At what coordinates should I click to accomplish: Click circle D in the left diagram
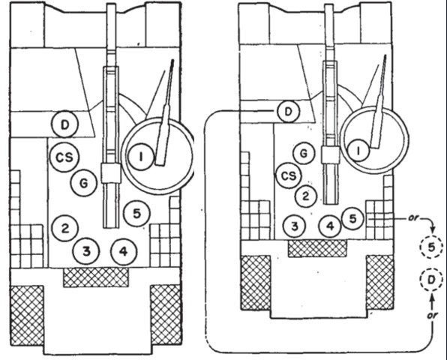[64, 124]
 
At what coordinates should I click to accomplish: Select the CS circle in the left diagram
[64, 157]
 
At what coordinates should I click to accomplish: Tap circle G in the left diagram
[84, 183]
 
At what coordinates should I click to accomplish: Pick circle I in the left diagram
[141, 157]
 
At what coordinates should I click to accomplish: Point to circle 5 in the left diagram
[136, 214]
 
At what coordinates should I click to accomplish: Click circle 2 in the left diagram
[65, 228]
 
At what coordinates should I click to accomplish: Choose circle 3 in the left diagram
[86, 251]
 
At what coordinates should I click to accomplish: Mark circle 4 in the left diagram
[124, 252]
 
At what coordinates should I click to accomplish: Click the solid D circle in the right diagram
[289, 111]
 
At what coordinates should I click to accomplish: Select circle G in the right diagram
[304, 153]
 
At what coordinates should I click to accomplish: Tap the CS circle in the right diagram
[289, 175]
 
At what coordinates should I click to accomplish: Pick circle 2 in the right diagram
[305, 196]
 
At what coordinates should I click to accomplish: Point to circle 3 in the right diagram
[295, 226]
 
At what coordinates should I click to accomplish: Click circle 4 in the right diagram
[330, 226]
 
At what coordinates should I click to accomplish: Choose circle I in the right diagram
[358, 150]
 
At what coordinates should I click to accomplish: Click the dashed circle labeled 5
[431, 247]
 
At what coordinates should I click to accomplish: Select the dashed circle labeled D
[431, 280]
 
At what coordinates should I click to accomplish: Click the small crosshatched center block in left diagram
[96, 277]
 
